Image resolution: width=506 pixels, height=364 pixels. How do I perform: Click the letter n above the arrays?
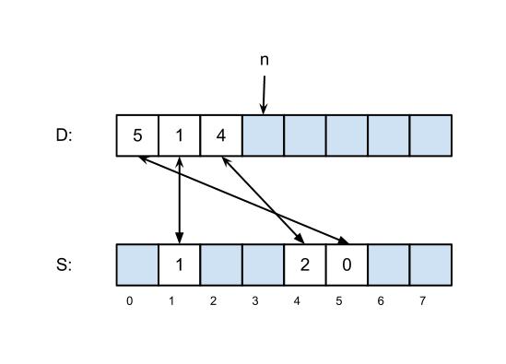tap(265, 60)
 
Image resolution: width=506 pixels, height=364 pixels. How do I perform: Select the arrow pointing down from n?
tap(264, 95)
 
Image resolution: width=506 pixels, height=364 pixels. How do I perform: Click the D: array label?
tap(64, 135)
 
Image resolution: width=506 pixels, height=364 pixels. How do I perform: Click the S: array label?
tap(64, 264)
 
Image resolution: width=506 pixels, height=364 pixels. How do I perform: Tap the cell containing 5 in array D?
tap(137, 135)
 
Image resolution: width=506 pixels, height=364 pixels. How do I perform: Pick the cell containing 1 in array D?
tap(180, 135)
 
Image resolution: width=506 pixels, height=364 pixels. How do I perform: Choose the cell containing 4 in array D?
tap(221, 135)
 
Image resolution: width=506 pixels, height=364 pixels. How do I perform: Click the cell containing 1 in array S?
tap(180, 264)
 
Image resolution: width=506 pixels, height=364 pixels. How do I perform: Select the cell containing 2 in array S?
tap(305, 264)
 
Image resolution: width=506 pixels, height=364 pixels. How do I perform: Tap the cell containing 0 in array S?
tap(347, 264)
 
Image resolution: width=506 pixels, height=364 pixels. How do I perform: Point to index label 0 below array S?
tap(129, 301)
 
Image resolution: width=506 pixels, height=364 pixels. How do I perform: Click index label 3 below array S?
tap(255, 301)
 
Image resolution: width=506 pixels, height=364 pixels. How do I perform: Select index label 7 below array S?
tap(422, 301)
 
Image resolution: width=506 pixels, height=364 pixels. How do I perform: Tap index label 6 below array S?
tap(381, 301)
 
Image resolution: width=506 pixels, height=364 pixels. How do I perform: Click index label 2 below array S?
tap(213, 301)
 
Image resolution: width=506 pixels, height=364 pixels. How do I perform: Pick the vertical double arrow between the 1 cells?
tap(180, 200)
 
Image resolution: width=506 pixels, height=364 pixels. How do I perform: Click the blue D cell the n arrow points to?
tap(263, 135)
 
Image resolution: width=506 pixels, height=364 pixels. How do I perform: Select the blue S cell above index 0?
tap(137, 264)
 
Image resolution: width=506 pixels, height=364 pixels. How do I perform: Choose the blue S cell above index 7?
tap(430, 264)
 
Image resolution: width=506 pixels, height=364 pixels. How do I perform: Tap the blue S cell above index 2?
tap(221, 264)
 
